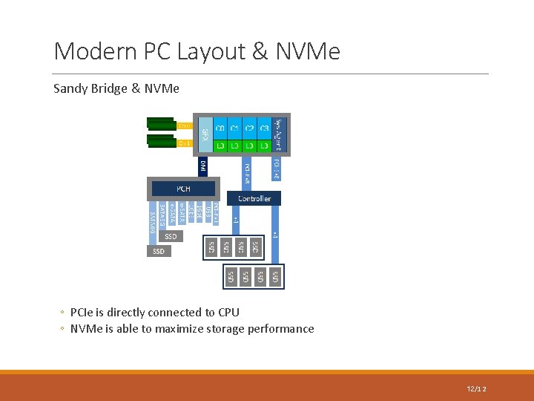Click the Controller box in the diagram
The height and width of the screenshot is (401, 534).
coord(254,198)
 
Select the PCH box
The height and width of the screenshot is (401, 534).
coord(183,189)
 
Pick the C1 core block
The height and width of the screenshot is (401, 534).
coord(235,128)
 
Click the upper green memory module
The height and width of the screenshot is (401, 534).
coord(161,124)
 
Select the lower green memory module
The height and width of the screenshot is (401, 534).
coord(161,140)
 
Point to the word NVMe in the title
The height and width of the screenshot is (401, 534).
coord(309,51)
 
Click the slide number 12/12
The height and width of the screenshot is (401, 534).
coord(476,389)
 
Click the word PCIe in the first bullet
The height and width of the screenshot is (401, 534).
coord(82,313)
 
